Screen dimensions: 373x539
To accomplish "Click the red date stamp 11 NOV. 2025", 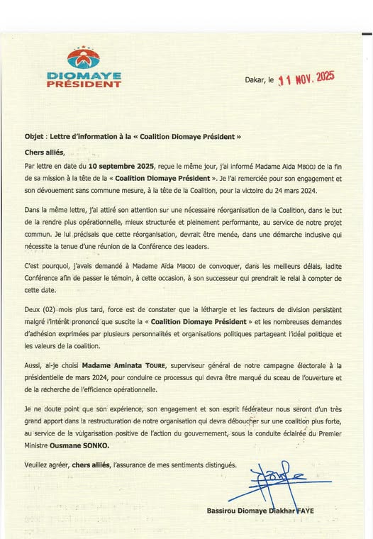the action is point(306,79).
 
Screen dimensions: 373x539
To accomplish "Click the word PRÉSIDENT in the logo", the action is point(84,84).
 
